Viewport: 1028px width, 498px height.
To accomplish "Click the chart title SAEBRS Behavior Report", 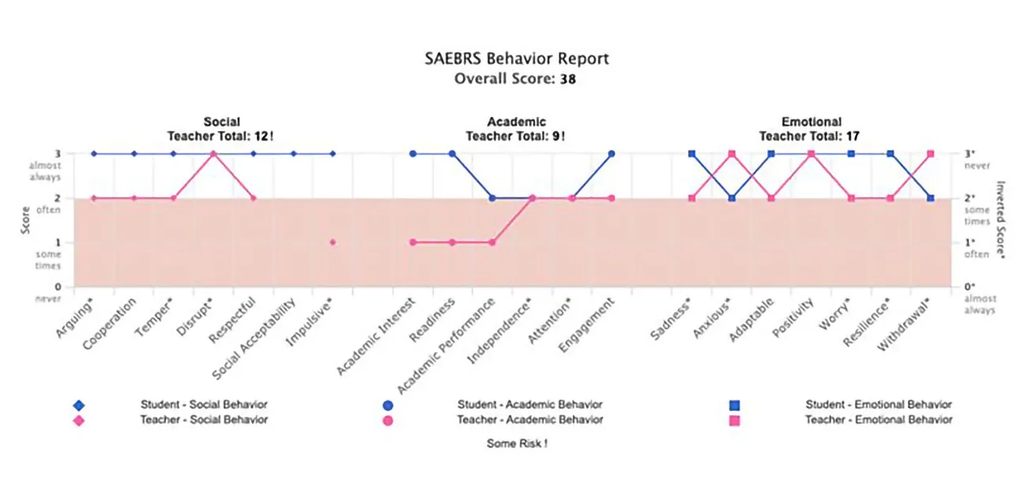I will [517, 59].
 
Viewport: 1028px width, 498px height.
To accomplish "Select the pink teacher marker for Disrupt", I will [213, 154].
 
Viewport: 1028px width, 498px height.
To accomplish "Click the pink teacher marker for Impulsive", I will [333, 242].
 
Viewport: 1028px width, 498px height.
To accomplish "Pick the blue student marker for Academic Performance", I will [492, 198].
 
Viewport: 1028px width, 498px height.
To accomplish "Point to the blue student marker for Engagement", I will [612, 154].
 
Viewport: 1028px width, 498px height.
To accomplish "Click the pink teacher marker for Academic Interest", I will [412, 242].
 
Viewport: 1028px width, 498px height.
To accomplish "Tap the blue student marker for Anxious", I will [732, 198].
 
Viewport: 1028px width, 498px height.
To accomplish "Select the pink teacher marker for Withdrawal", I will [931, 154].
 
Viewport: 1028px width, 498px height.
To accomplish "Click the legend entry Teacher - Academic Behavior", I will [529, 420].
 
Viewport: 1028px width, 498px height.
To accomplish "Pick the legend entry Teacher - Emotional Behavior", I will [878, 420].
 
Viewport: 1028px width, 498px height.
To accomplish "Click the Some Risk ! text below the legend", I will [517, 444].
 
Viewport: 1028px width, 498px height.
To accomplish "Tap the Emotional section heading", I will [811, 122].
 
